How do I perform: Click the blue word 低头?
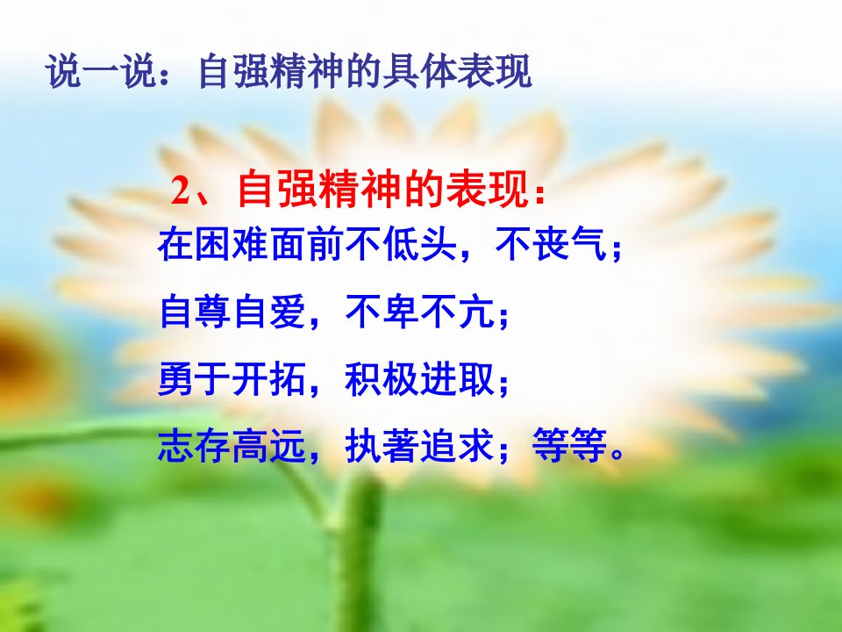pos(419,245)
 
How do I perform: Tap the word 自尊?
pos(195,312)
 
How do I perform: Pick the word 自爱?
pos(269,312)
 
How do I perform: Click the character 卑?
pos(401,312)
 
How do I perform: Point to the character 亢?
pos(475,312)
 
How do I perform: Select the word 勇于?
pos(195,379)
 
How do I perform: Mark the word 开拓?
pos(269,379)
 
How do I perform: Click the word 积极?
pos(382,379)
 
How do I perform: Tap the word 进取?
pos(457,379)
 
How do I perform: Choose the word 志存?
pos(195,446)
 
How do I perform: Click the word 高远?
pos(269,446)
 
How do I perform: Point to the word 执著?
pos(382,446)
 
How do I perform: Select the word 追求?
pos(457,446)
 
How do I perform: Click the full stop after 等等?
pos(617,455)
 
